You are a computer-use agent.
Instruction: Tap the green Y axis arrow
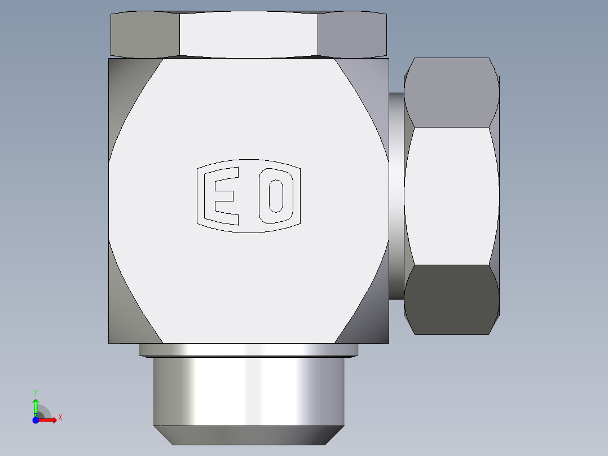36,405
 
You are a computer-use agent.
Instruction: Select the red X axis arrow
49,419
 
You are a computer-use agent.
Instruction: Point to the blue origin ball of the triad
35,419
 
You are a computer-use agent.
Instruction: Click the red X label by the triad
60,418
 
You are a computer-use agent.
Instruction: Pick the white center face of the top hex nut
249,34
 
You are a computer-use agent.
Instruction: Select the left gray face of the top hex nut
144,34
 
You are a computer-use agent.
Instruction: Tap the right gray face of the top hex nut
353,34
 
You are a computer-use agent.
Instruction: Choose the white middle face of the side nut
451,195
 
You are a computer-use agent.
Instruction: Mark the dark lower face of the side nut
451,299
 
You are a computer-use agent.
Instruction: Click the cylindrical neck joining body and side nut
396,195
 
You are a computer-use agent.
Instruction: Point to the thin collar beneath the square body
249,350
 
